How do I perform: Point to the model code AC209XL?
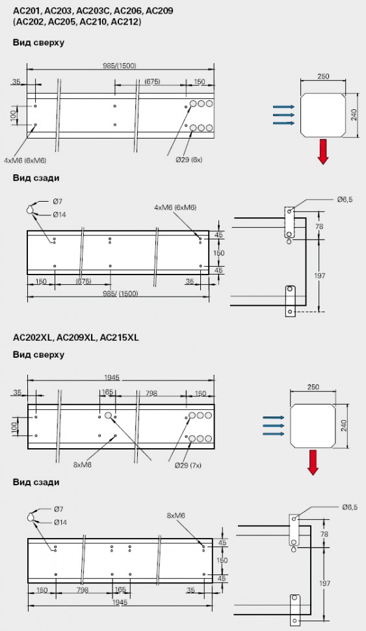click(x=76, y=338)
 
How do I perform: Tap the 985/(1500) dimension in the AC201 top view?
click(x=120, y=66)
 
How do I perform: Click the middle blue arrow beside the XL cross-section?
click(x=272, y=425)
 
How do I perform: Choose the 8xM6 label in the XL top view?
click(x=83, y=465)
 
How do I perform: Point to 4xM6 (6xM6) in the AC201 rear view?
click(x=175, y=208)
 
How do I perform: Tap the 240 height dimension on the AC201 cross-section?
click(x=354, y=114)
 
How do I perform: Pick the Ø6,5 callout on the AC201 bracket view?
click(x=345, y=200)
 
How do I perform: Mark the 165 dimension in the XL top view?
click(x=107, y=392)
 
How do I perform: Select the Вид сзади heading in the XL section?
click(x=36, y=482)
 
